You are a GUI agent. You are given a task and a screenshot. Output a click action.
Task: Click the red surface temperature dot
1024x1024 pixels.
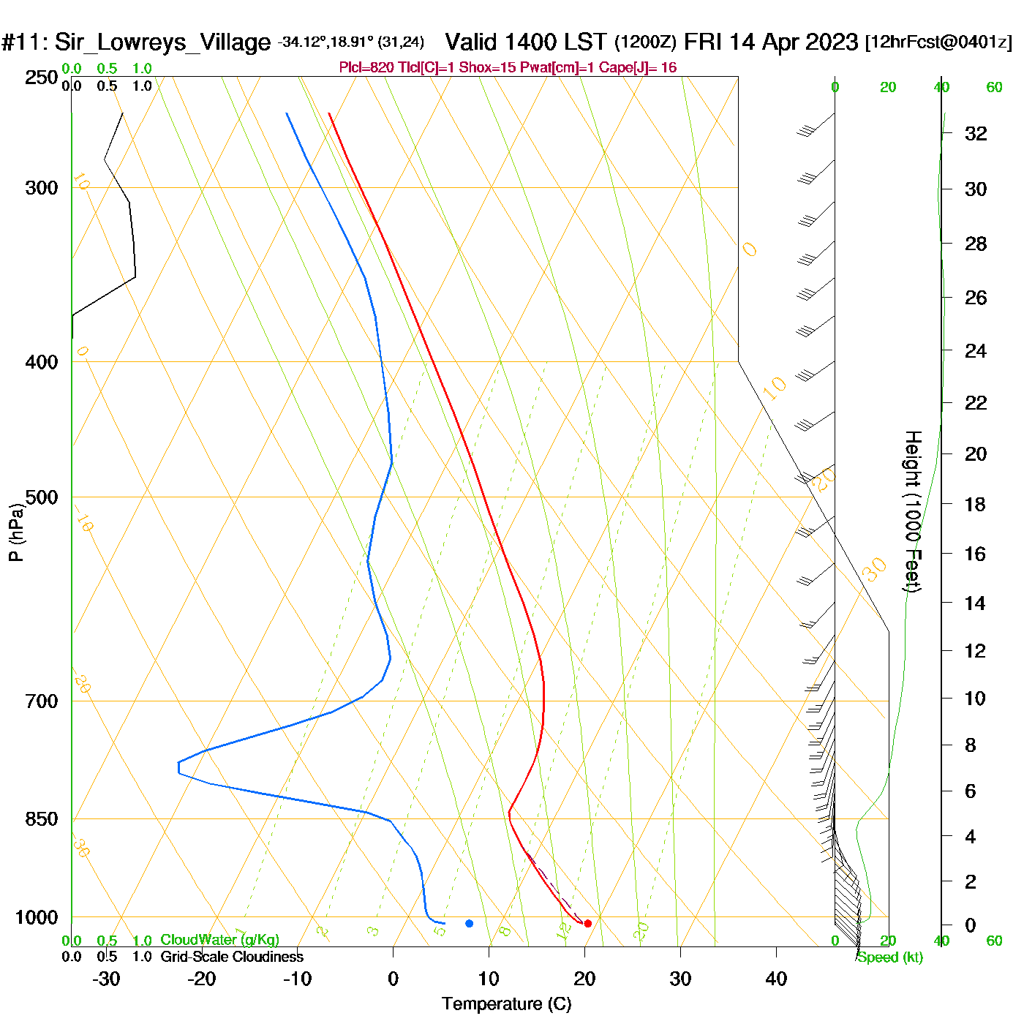click(x=587, y=923)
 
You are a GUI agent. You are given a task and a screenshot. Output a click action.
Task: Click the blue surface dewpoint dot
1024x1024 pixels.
click(x=470, y=923)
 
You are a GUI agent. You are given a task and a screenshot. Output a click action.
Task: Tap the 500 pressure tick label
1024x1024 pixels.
click(x=41, y=497)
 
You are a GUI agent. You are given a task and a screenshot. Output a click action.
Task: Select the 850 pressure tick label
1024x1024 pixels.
click(x=41, y=818)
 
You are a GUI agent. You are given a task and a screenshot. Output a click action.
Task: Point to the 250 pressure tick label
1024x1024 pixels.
click(x=41, y=78)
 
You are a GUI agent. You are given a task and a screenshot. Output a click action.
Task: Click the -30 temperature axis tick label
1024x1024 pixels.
click(x=106, y=979)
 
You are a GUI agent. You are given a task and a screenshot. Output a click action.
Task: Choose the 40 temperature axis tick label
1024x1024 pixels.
click(x=776, y=979)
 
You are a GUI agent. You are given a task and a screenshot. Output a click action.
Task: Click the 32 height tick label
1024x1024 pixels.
click(x=976, y=134)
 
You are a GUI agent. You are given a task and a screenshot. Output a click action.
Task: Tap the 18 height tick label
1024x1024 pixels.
click(x=975, y=504)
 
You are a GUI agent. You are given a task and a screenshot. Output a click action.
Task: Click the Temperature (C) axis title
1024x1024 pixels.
click(x=506, y=1004)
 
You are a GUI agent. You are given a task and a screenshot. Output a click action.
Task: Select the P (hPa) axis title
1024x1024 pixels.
click(x=16, y=532)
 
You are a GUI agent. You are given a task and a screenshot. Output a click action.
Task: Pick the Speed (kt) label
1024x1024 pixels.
click(x=889, y=957)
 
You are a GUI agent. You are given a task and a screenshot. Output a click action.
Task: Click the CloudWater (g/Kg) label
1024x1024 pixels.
click(x=219, y=940)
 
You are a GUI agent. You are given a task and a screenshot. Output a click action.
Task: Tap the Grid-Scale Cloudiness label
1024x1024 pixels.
click(x=232, y=957)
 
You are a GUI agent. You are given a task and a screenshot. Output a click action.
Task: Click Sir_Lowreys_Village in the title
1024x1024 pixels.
click(x=162, y=42)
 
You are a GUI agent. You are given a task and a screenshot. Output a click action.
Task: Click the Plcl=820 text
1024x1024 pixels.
click(x=366, y=68)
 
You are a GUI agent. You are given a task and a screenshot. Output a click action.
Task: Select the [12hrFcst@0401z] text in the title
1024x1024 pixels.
click(x=938, y=42)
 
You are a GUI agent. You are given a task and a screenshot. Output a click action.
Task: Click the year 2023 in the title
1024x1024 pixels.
click(x=831, y=42)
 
